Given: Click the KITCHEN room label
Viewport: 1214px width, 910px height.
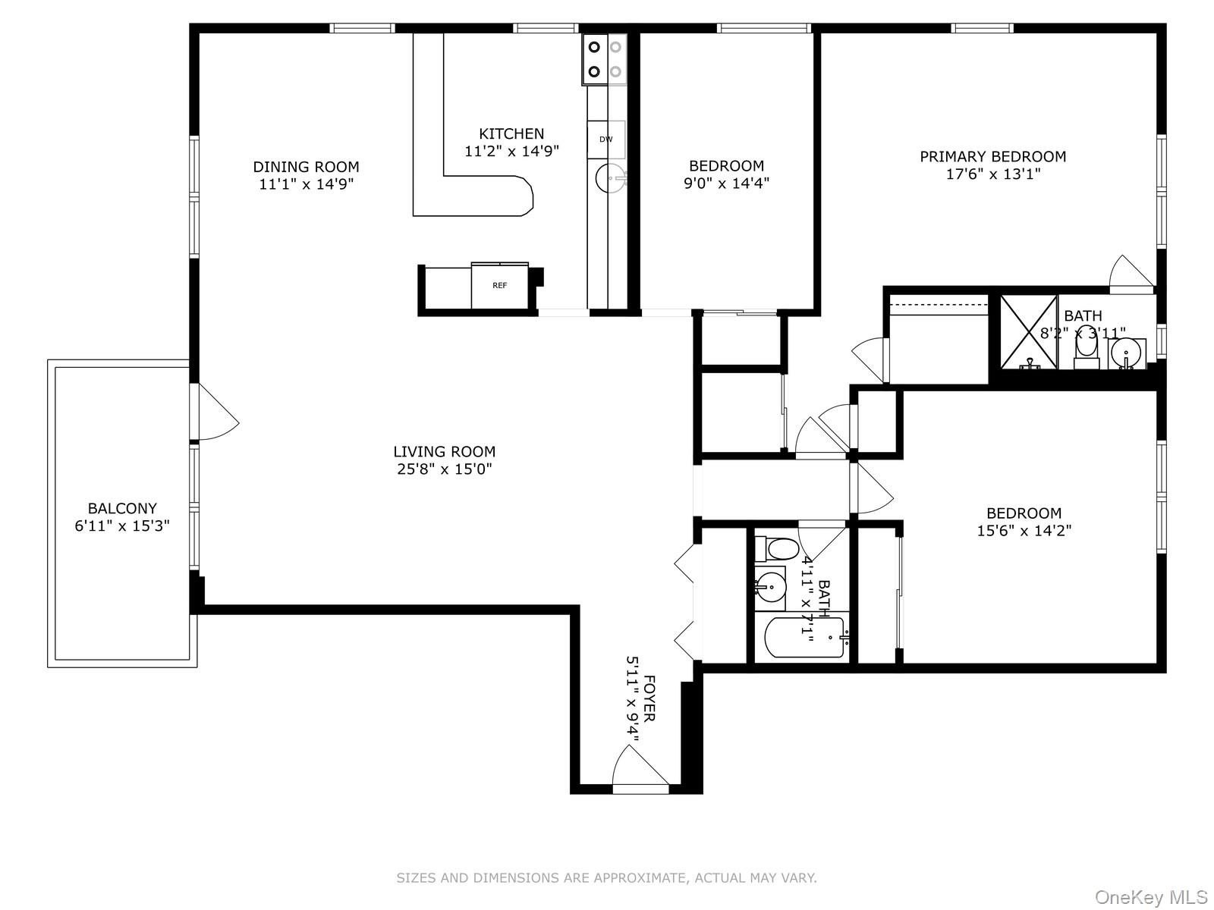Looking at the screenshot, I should (511, 134).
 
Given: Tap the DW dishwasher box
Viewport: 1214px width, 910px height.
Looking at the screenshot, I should (606, 140).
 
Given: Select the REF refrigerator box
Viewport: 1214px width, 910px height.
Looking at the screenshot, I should (499, 286).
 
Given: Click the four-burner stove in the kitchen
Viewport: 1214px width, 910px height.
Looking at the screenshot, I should (605, 59).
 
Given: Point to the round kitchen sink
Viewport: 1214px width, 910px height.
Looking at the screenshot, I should (612, 180).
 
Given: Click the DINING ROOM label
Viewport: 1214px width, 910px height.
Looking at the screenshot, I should (306, 167).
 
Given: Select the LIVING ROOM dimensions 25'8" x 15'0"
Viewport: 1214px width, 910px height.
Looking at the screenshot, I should (444, 469).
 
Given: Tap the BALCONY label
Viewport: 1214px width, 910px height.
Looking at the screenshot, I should (122, 509).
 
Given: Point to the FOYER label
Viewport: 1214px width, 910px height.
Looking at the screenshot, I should (649, 698).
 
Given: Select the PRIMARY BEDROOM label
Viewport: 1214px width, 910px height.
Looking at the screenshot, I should (992, 157).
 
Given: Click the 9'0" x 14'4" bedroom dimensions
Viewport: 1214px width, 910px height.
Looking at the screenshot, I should (726, 183).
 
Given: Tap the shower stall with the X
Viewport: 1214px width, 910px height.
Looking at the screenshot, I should (1027, 331).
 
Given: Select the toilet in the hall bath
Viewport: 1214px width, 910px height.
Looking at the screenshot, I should (778, 548).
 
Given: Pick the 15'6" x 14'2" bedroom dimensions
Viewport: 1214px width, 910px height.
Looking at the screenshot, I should (1024, 531).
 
